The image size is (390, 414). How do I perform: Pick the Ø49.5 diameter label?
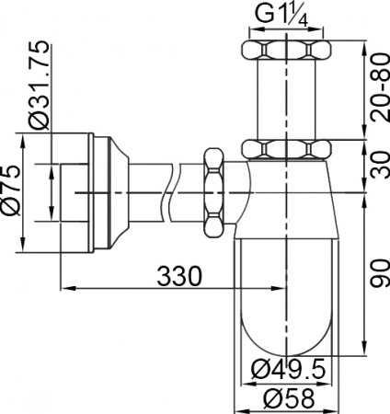(288, 369)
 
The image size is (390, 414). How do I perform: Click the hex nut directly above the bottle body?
(286, 148)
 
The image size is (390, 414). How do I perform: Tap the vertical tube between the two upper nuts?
(286, 98)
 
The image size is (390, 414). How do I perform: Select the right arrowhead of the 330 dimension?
(281, 288)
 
